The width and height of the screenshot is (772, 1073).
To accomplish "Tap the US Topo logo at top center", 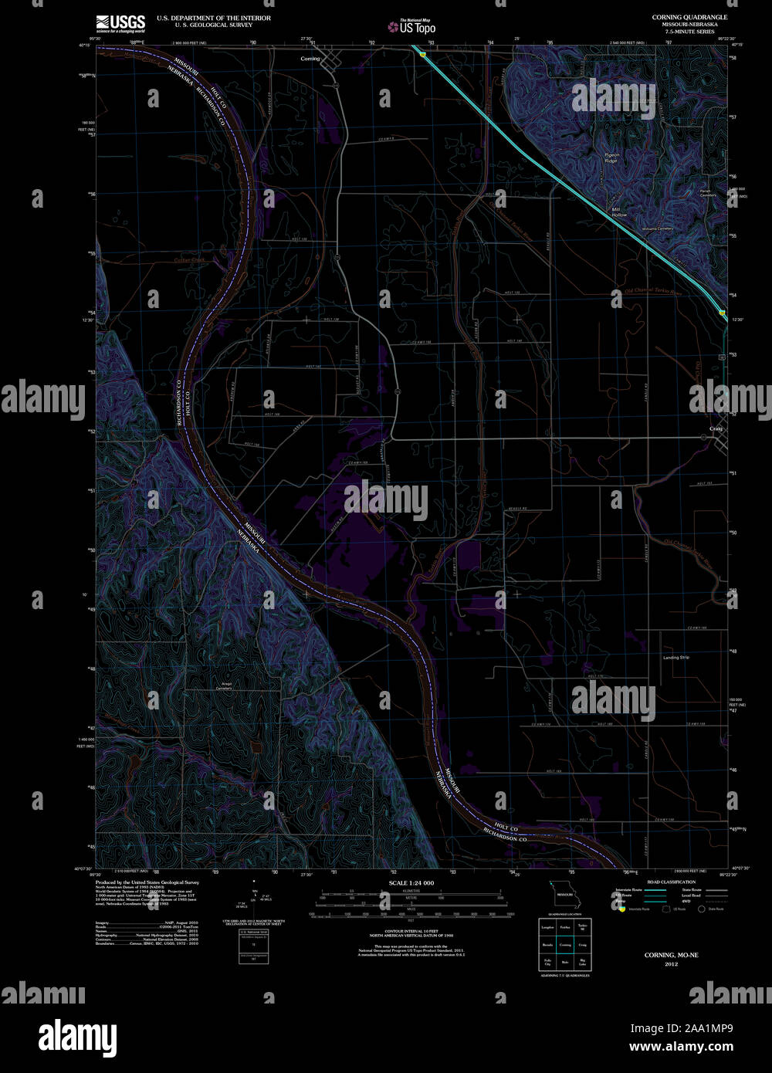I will click(x=412, y=27).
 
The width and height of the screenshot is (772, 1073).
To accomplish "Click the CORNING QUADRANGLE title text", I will click(x=689, y=16).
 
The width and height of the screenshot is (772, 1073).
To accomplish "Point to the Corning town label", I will click(x=310, y=59).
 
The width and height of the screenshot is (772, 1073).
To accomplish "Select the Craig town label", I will click(x=714, y=428).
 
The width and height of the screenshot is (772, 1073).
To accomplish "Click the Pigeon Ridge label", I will click(x=611, y=157).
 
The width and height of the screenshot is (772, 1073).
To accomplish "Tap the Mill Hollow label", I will click(x=619, y=211).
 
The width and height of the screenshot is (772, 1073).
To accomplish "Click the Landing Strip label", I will click(x=675, y=658).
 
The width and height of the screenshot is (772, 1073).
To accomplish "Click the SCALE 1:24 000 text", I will click(x=411, y=882).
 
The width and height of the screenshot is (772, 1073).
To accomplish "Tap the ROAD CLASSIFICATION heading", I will click(x=671, y=882).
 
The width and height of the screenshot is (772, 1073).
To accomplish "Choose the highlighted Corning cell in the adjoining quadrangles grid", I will click(x=566, y=944).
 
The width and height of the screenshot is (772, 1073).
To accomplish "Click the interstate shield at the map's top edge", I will click(x=423, y=54).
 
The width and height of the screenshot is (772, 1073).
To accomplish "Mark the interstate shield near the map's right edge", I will click(x=722, y=313).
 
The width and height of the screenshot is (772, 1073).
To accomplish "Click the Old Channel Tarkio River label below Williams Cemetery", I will click(x=653, y=293).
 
